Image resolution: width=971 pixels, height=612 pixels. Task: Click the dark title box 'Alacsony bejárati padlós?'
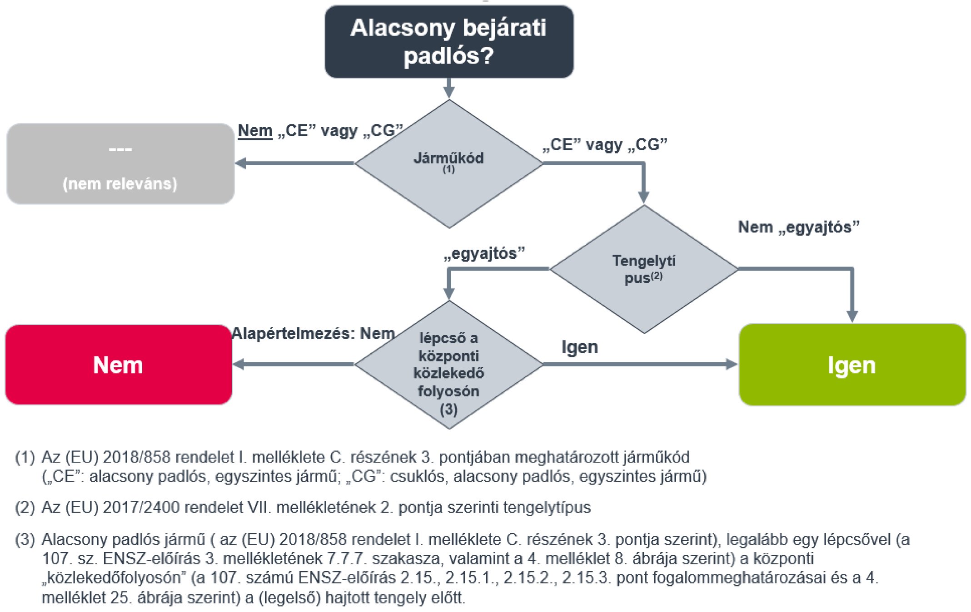tap(449, 41)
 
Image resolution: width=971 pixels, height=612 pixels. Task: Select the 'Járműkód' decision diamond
tap(449, 163)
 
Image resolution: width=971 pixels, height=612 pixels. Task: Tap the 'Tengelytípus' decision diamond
tap(644, 269)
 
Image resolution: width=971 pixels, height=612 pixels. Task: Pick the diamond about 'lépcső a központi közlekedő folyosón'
tap(449, 365)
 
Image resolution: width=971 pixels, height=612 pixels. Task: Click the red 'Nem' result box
tap(119, 365)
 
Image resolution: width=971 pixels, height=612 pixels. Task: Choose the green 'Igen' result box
tap(852, 365)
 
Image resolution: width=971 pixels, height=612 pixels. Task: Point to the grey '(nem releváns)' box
tap(120, 164)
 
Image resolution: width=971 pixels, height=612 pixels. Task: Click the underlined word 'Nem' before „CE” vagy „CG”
tap(255, 131)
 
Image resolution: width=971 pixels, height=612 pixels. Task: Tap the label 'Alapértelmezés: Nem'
tap(313, 334)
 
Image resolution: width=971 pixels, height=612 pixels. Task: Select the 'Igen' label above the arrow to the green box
tap(579, 347)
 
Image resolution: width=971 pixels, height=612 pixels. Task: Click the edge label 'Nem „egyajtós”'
tap(798, 227)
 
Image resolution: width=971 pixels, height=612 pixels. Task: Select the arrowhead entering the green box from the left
tap(732, 364)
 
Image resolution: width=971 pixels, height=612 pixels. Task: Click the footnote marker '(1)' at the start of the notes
tap(25, 457)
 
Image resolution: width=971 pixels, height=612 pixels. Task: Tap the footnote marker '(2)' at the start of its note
tap(25, 507)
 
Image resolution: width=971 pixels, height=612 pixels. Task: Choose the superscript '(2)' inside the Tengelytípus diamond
tap(657, 276)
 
